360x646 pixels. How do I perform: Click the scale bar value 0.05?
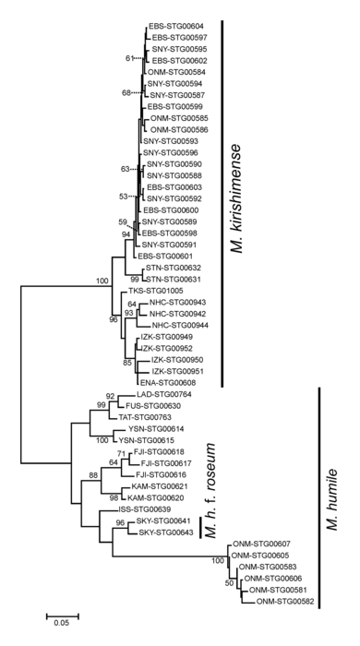60,623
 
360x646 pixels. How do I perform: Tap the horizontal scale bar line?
60,612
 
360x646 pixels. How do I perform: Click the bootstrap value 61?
129,59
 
